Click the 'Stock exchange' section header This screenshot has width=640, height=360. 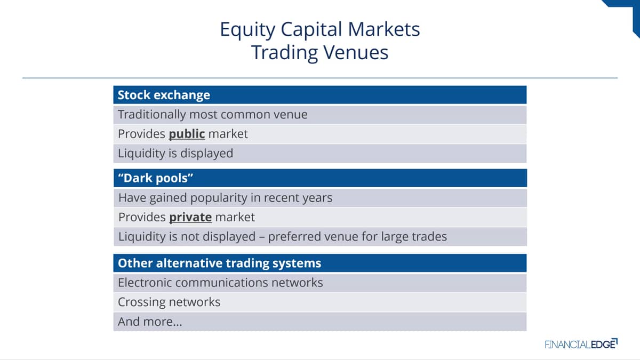tap(164, 95)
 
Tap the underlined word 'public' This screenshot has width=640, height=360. tap(187, 134)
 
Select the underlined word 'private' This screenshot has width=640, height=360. tap(190, 218)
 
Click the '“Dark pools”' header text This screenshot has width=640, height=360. tap(156, 178)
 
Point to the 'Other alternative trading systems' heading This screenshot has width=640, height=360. tap(219, 263)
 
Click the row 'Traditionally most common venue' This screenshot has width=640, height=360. tap(319, 115)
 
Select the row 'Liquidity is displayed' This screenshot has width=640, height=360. tap(319, 154)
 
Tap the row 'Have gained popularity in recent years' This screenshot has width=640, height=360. tap(320, 198)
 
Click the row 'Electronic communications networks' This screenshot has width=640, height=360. tap(319, 283)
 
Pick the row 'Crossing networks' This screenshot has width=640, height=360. tap(319, 302)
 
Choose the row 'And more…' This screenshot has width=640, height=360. tap(319, 322)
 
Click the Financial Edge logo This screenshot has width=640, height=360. tap(581, 343)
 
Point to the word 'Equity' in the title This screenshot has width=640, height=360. tap(247, 30)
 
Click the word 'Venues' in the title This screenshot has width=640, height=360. tap(356, 53)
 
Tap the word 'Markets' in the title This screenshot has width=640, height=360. tap(383, 29)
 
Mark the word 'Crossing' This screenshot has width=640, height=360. tap(140, 302)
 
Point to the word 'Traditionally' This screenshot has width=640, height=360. tap(151, 115)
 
